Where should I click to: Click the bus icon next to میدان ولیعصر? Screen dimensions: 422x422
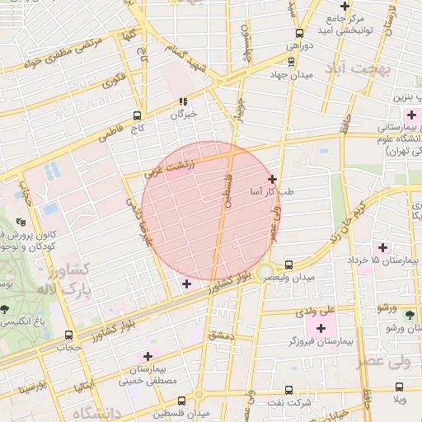(x=288, y=265)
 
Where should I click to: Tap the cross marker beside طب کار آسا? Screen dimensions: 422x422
(x=272, y=179)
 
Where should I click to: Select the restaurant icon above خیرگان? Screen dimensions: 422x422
(x=182, y=102)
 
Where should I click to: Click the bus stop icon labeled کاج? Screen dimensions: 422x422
(x=137, y=115)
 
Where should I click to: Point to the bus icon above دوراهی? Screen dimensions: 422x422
(x=298, y=34)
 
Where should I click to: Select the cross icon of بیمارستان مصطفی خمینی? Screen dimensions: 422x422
(x=148, y=357)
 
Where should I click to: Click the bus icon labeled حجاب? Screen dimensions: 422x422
(x=68, y=335)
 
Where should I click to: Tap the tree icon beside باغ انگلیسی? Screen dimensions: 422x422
(x=7, y=310)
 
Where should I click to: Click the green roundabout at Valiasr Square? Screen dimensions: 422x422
(x=265, y=272)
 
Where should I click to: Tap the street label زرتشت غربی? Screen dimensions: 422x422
(x=170, y=168)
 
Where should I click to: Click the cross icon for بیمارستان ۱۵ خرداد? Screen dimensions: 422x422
(x=381, y=247)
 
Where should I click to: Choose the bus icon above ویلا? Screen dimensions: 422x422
(x=399, y=387)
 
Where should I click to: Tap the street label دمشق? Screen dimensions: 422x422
(x=223, y=335)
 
